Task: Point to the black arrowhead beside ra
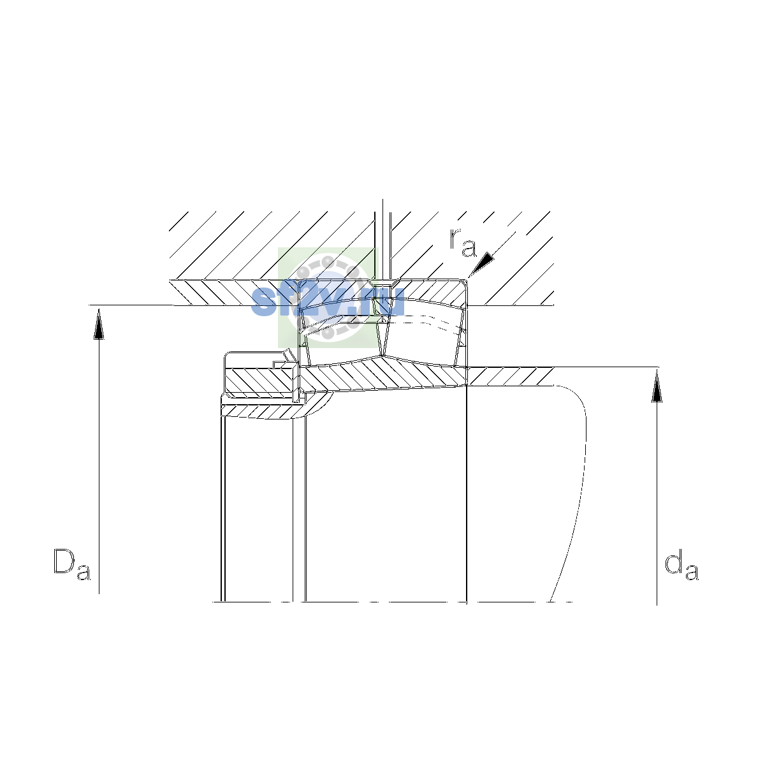click(481, 264)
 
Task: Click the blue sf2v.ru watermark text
click(328, 303)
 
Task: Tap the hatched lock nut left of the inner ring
click(260, 381)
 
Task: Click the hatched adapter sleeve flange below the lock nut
click(274, 411)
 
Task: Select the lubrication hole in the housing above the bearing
click(382, 246)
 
